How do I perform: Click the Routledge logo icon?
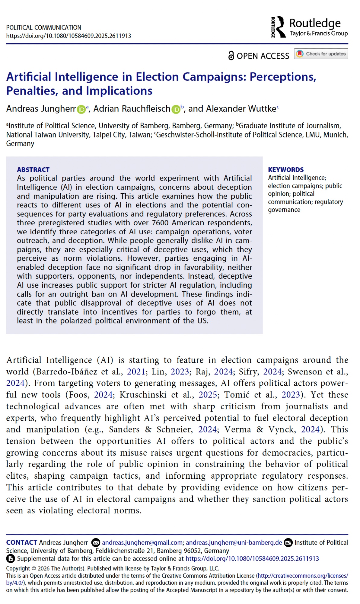(x=279, y=27)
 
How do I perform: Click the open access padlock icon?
(x=231, y=56)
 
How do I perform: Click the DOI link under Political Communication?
(x=69, y=36)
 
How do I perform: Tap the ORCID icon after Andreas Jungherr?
(x=81, y=109)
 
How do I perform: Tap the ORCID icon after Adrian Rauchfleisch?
(x=176, y=109)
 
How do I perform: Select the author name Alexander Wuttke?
(x=241, y=109)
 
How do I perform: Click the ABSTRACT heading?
(x=33, y=170)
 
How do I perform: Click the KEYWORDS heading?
(x=286, y=170)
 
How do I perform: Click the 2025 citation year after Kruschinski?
(x=208, y=395)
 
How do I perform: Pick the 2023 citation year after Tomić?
(x=291, y=395)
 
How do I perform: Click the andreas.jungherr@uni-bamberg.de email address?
(x=234, y=543)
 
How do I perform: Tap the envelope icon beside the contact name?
(x=96, y=543)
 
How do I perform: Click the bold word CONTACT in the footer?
(x=22, y=543)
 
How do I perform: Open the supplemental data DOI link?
(x=252, y=559)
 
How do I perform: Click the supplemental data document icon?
(x=11, y=559)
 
